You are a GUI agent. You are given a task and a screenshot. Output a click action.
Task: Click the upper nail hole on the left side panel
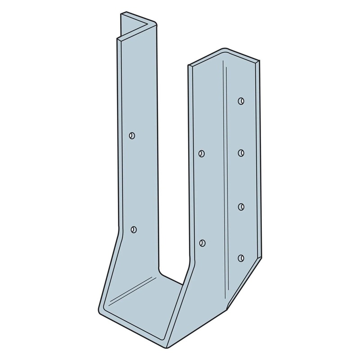click(132, 135)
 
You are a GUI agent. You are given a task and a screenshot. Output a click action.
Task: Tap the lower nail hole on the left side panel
click(133, 229)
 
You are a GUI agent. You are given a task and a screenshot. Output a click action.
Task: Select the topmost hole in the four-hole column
click(241, 100)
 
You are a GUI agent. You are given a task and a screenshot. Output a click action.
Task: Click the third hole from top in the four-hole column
click(241, 206)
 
